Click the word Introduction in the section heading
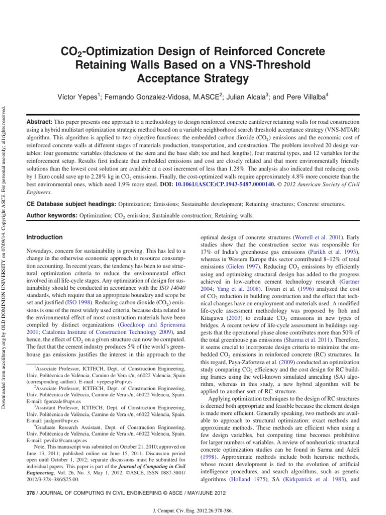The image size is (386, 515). (45, 237)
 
